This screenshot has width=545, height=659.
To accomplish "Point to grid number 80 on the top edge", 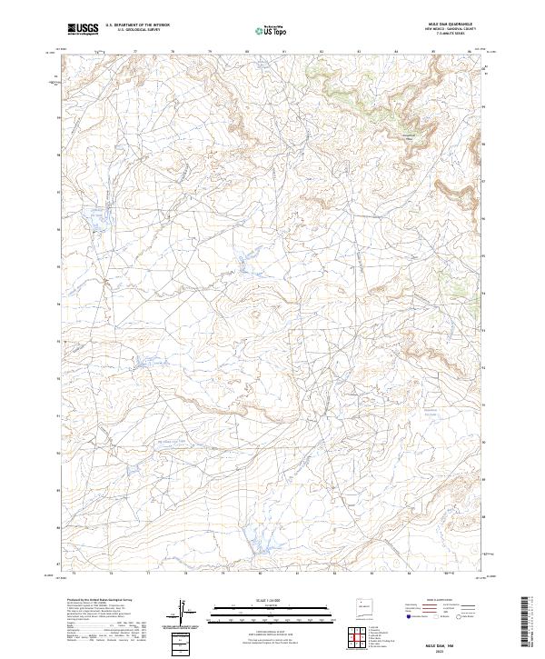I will click(x=247, y=53).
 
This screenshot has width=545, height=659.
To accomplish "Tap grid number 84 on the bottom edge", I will click(x=410, y=574).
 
